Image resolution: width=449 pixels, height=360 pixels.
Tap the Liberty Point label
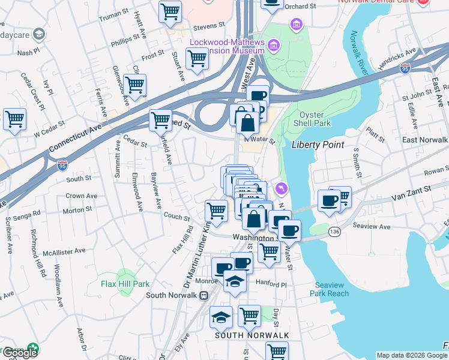[318, 145]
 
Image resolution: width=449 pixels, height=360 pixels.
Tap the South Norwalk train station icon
[203, 295]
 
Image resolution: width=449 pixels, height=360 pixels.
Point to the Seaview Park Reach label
[329, 289]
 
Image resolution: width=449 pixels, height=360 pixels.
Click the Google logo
[20, 353]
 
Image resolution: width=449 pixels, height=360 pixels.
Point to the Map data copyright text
[411, 355]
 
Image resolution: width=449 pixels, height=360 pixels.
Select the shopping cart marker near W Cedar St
[14, 118]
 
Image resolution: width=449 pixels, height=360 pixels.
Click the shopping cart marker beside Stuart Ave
[197, 60]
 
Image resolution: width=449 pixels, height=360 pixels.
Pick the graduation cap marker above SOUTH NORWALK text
[221, 317]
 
